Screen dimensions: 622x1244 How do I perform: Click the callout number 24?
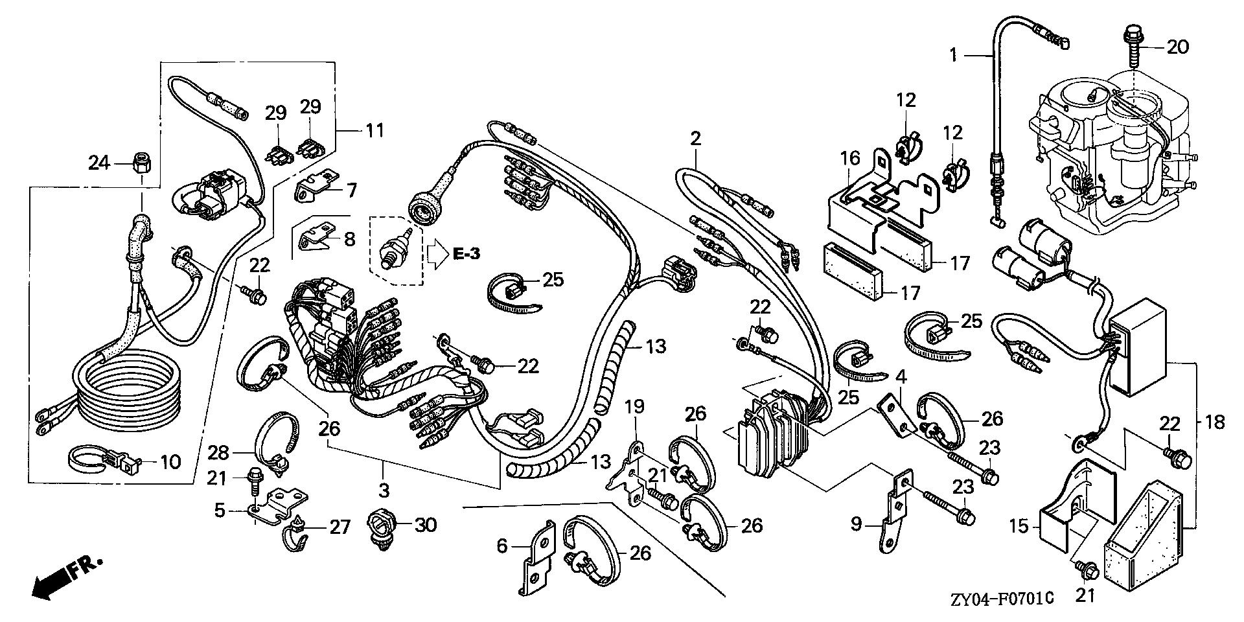pyautogui.click(x=99, y=163)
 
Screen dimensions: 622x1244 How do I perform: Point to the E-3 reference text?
pyautogui.click(x=466, y=254)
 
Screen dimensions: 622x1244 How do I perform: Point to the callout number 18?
pyautogui.click(x=1215, y=422)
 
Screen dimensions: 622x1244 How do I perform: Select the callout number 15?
pyautogui.click(x=1019, y=525)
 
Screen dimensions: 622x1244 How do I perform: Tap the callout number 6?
pyautogui.click(x=502, y=546)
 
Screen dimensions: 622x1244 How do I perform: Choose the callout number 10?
pyautogui.click(x=169, y=461)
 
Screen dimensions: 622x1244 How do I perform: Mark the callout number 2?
pyautogui.click(x=695, y=138)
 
